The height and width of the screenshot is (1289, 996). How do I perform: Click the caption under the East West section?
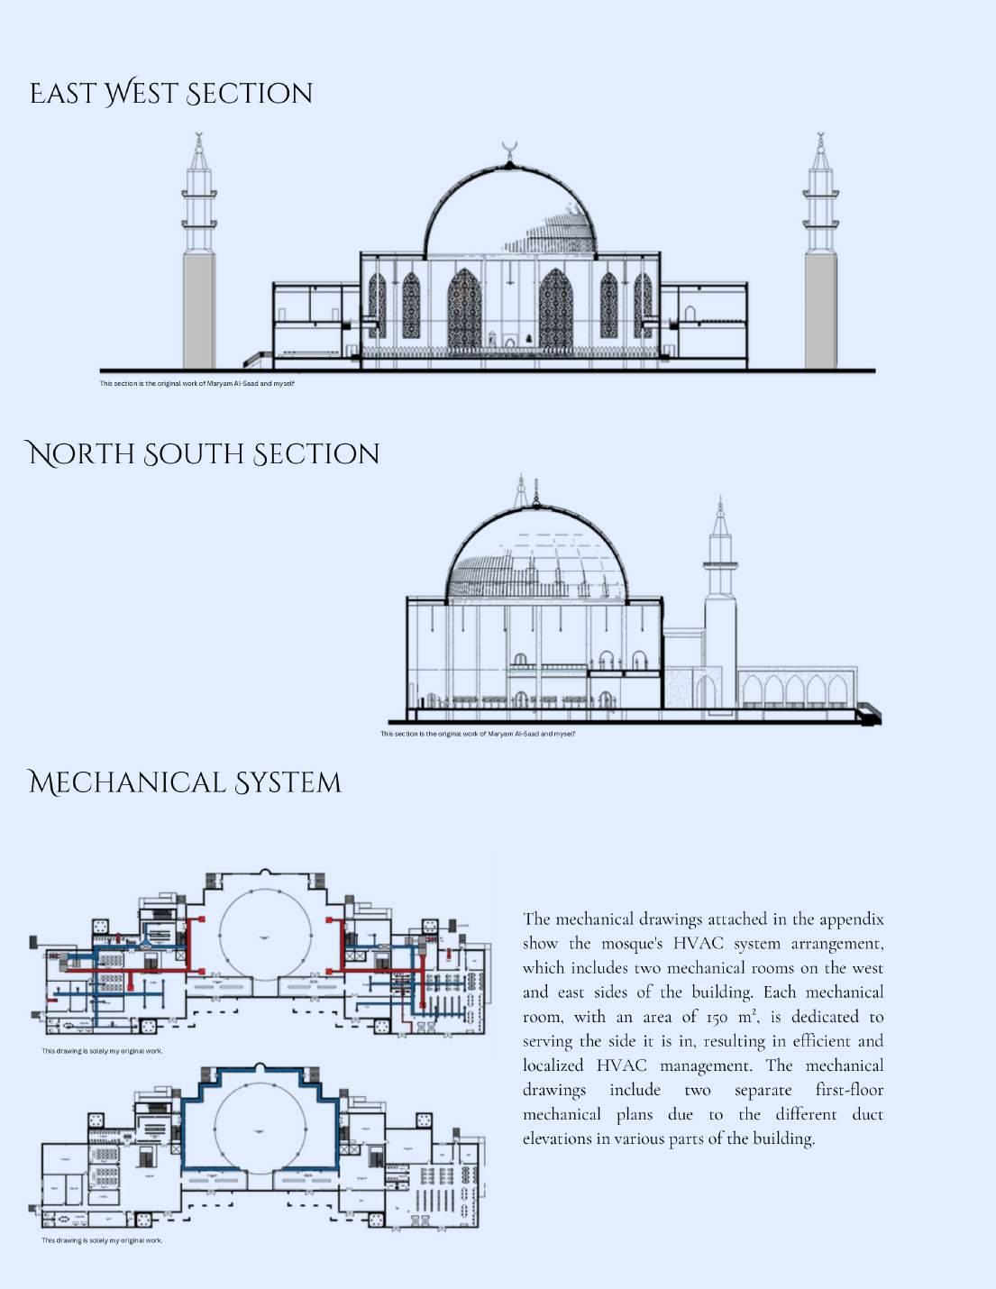coord(196,384)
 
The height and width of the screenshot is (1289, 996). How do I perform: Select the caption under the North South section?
coord(477,734)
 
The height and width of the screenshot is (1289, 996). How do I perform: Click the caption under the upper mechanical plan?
coord(102,1051)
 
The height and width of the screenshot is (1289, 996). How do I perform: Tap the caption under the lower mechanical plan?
coord(102,1240)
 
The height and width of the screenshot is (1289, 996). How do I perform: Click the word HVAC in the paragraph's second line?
coord(698,944)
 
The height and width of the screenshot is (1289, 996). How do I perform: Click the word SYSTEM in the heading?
coord(288,782)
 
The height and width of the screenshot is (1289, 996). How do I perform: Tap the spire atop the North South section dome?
coord(536,491)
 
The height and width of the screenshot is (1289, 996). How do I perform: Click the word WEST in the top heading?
coord(139,94)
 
